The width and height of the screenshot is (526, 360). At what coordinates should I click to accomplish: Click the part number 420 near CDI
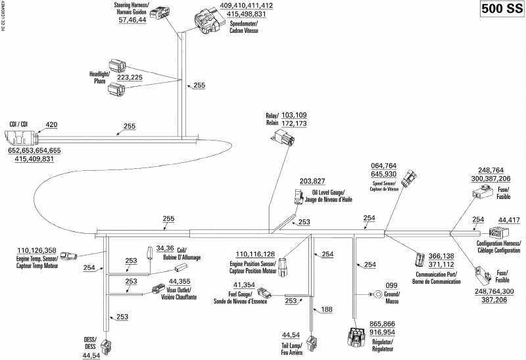pos(51,124)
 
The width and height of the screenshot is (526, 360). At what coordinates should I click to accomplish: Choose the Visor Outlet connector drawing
pos(158,288)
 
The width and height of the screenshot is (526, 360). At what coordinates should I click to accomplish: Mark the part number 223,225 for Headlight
pos(130,77)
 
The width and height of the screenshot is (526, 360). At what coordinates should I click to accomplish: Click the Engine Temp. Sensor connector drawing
pos(72,254)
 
